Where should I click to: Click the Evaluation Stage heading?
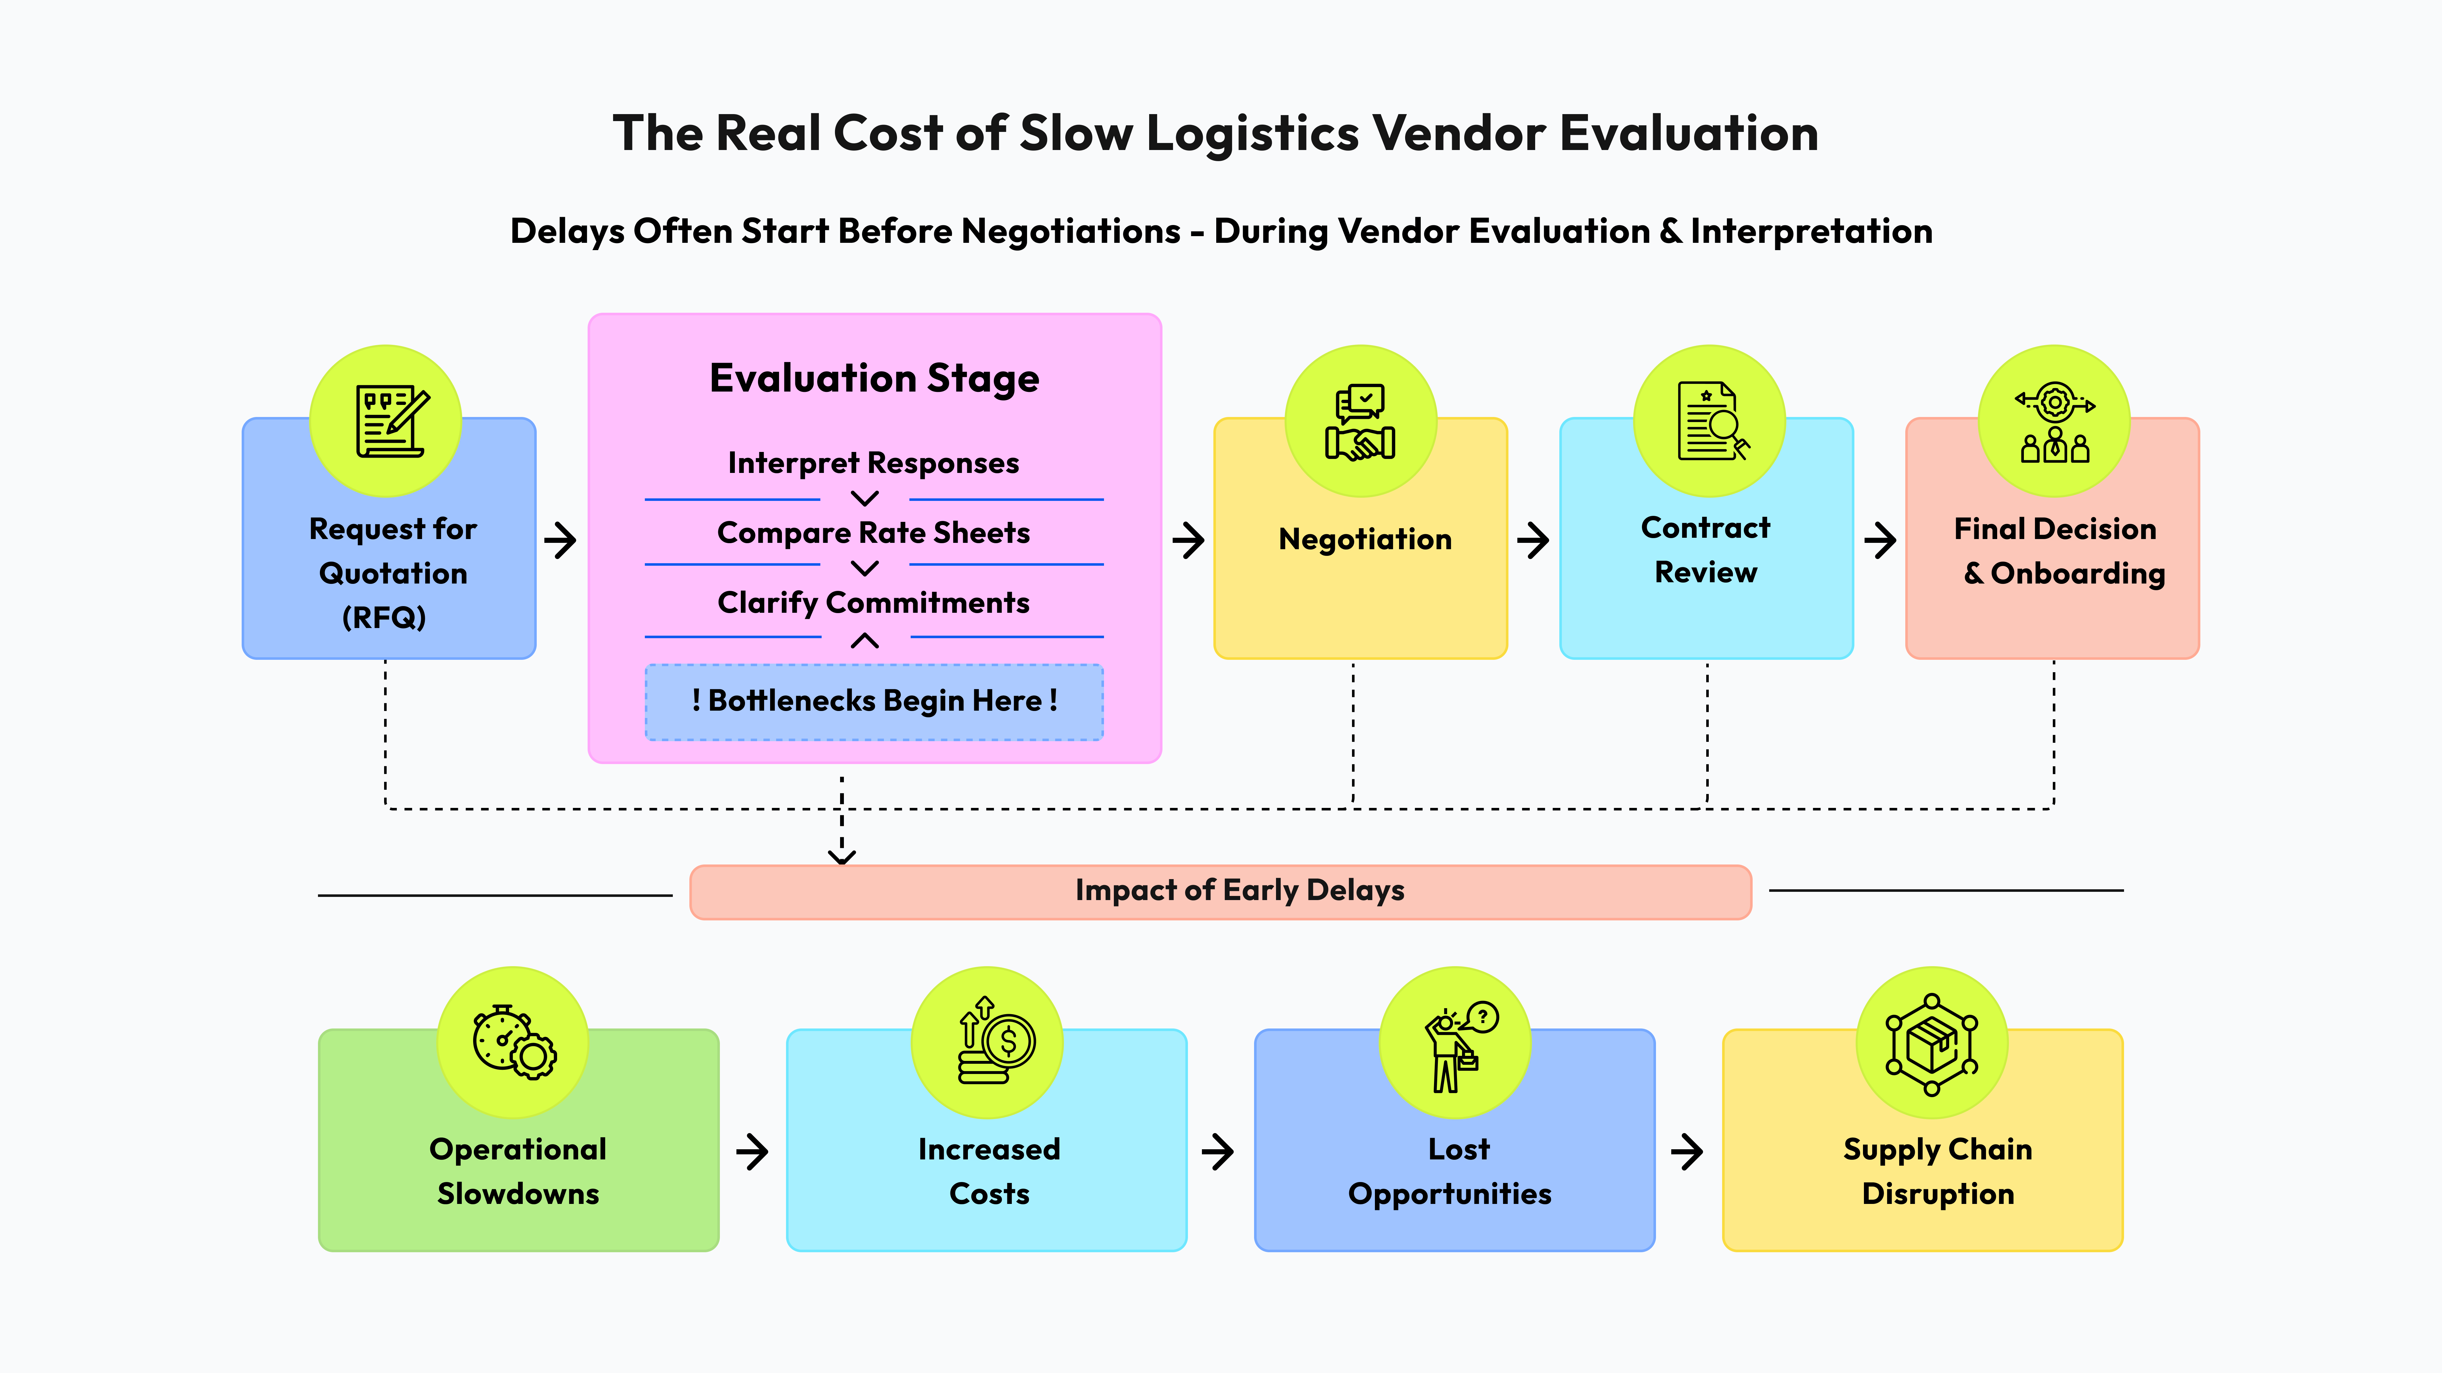[x=874, y=378]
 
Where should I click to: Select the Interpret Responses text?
[x=873, y=463]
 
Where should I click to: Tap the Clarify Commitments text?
[x=873, y=603]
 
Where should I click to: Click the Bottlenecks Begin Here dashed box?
[x=874, y=701]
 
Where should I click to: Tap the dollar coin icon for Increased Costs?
[x=991, y=1042]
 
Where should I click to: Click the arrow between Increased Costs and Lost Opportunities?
[x=1218, y=1152]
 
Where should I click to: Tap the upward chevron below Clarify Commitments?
[x=865, y=641]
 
